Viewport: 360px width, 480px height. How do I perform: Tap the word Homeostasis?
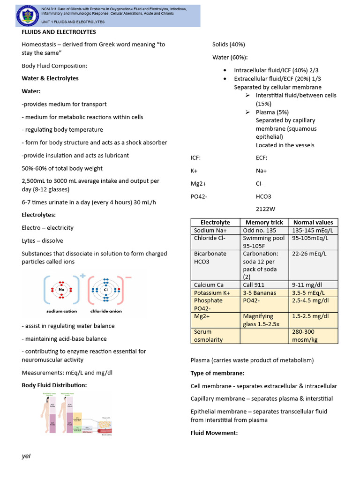click(39, 44)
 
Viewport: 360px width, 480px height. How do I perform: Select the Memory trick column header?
click(264, 222)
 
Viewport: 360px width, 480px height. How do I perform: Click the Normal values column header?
click(313, 222)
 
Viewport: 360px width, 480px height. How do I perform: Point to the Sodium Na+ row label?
click(210, 230)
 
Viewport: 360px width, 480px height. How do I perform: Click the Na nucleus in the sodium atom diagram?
click(61, 289)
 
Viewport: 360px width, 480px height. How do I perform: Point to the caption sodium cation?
click(61, 311)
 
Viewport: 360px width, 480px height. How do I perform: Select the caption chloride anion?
click(106, 311)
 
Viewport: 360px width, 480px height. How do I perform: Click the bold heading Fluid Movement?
click(214, 433)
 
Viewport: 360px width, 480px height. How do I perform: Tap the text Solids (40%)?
click(228, 45)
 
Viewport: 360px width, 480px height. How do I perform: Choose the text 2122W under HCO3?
click(266, 209)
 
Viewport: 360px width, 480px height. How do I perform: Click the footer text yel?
click(26, 456)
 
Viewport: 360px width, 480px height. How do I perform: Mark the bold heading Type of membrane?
click(217, 373)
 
